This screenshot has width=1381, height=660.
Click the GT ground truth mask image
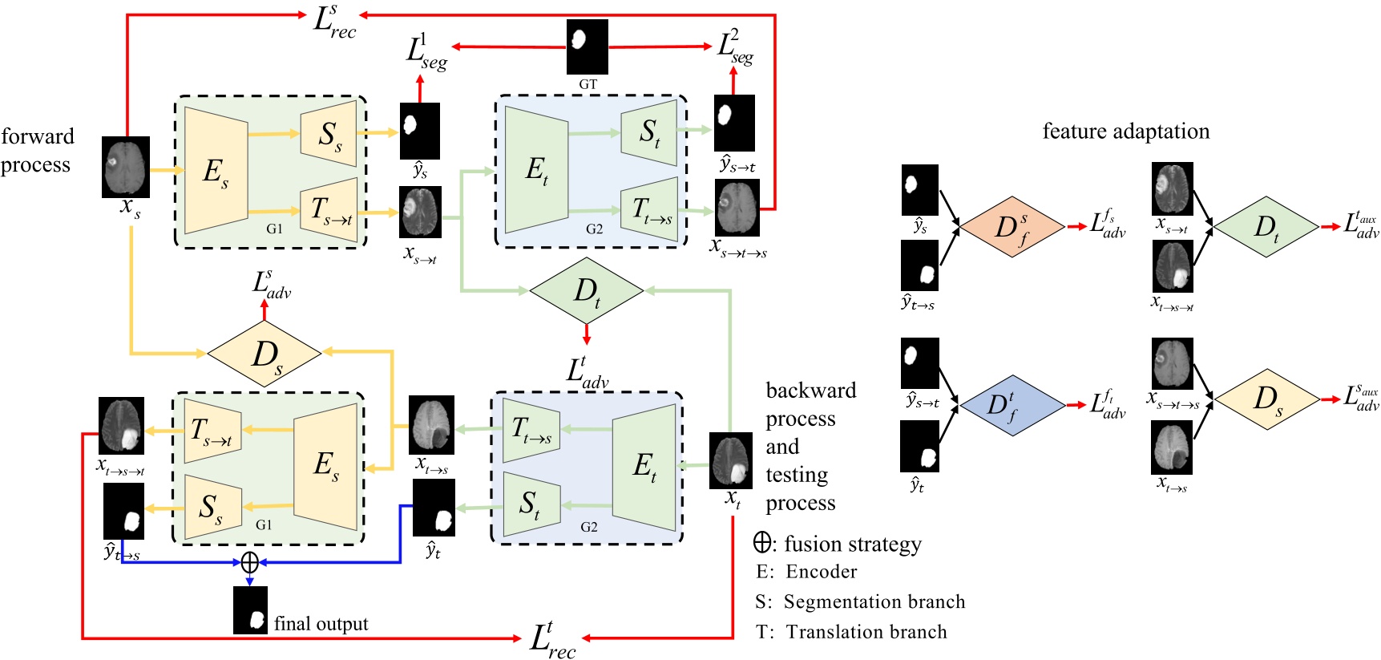587,47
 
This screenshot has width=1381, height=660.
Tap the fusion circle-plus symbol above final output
250,562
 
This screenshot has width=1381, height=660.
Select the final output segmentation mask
250,610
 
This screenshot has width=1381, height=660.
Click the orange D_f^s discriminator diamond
1012,227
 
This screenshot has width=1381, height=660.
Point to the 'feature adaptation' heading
1125,131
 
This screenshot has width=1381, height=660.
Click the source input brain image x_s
126,167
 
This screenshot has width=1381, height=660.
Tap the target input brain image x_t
730,460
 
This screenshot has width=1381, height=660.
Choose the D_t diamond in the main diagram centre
587,291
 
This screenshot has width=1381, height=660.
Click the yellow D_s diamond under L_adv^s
264,353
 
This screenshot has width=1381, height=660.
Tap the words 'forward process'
37,150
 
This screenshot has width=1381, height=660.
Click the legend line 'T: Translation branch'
851,632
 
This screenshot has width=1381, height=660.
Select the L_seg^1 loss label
426,51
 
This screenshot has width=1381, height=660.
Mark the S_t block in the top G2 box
649,132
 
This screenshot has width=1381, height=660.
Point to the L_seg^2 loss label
735,47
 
